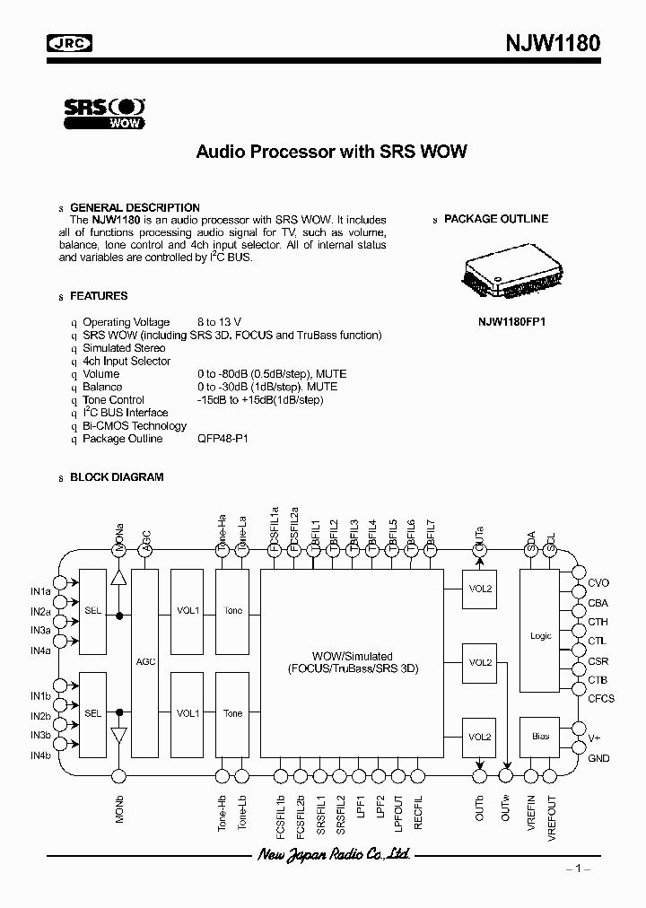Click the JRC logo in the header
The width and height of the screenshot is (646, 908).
tap(72, 42)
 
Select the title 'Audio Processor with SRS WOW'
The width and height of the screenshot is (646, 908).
tap(331, 152)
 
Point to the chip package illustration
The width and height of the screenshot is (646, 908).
tap(513, 274)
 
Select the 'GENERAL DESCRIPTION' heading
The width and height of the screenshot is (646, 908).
tap(135, 207)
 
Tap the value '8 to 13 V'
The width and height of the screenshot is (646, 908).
tap(219, 322)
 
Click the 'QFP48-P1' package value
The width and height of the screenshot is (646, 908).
tap(223, 439)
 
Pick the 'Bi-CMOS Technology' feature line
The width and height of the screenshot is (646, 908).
tap(135, 426)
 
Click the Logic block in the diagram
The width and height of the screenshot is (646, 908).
tap(541, 635)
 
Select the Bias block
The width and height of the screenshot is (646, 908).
tap(540, 737)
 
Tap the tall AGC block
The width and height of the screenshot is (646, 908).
tap(144, 661)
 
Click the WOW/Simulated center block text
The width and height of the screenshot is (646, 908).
tap(353, 662)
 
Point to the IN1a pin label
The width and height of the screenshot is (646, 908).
tap(40, 591)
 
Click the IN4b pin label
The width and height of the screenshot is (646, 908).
tap(40, 755)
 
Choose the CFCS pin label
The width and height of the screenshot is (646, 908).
tap(601, 699)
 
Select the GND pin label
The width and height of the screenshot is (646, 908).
tap(598, 758)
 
